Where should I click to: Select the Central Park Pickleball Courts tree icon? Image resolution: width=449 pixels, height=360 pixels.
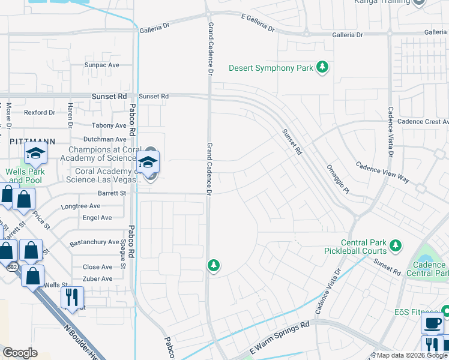[395, 245]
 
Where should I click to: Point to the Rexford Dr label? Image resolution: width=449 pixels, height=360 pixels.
[39, 112]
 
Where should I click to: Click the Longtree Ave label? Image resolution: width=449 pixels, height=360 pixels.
[81, 206]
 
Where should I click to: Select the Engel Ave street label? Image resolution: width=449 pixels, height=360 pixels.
[97, 218]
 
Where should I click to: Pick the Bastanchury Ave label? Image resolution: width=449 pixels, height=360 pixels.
[94, 242]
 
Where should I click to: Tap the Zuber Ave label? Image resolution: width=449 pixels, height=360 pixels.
[97, 279]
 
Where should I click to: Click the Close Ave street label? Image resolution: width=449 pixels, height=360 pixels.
[97, 267]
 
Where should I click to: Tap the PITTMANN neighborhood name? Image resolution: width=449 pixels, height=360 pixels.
[32, 141]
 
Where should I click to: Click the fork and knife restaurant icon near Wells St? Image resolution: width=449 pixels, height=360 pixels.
[72, 296]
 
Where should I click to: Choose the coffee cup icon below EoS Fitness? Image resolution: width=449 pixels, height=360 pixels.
[432, 323]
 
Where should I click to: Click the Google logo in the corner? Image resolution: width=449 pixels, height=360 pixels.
[20, 353]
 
